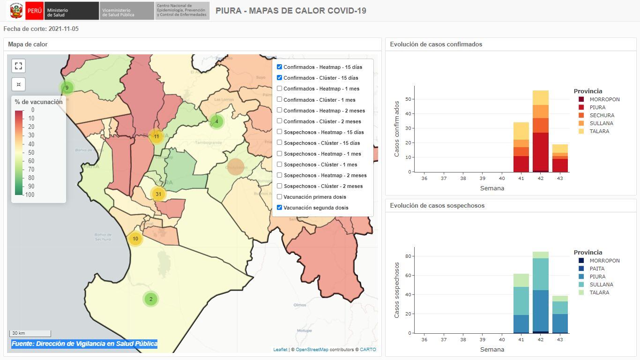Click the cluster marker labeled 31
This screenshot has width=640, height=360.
(x=158, y=194)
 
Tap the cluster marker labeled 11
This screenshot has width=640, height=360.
(x=156, y=136)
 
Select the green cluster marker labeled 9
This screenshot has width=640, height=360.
(x=67, y=88)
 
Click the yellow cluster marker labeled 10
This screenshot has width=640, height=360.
(x=135, y=239)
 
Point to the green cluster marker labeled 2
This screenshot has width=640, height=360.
(x=150, y=299)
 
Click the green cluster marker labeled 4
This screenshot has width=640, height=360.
(x=216, y=121)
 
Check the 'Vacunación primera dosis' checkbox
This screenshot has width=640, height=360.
(x=280, y=197)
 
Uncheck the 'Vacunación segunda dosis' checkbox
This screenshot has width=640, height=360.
(x=280, y=208)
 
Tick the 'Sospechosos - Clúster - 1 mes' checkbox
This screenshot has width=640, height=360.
(x=280, y=165)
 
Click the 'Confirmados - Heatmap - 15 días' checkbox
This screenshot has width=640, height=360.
(x=280, y=67)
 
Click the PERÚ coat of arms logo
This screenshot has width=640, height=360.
(x=16, y=10)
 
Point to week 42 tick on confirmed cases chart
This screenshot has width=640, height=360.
(x=541, y=178)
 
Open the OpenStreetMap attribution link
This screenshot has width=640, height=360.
(x=312, y=350)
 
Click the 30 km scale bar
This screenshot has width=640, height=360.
(x=30, y=333)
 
